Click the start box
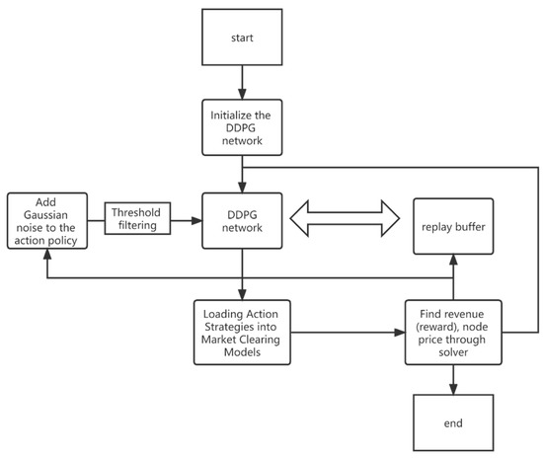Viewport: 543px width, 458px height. pos(242,39)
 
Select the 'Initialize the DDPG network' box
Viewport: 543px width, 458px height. pos(242,126)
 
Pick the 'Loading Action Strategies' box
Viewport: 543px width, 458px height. pos(242,331)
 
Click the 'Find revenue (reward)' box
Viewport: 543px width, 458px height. pos(452,331)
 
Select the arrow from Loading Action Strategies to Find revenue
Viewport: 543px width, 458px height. pos(346,333)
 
